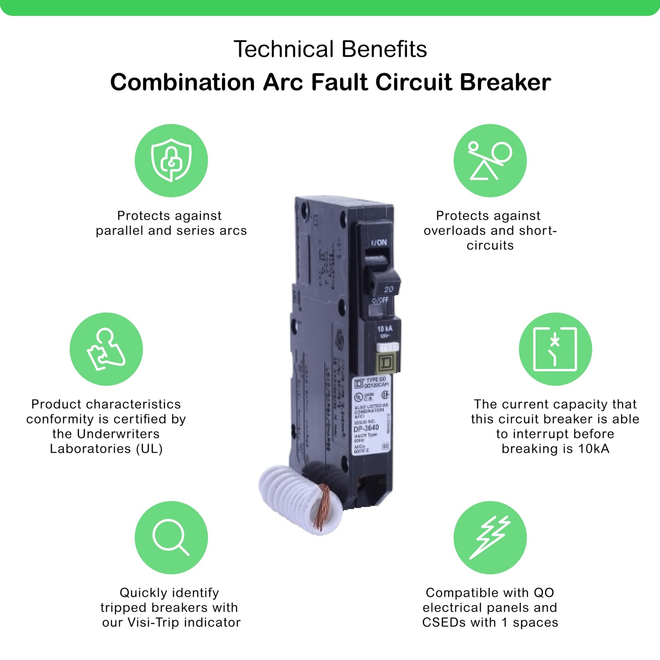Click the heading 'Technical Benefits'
(330, 49)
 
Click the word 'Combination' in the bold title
(182, 83)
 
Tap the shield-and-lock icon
(171, 161)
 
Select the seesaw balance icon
(490, 161)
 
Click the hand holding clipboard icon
(106, 349)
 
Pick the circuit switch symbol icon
(555, 349)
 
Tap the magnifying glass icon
(171, 538)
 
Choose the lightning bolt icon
(490, 538)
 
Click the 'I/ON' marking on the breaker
(379, 243)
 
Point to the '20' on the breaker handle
(388, 289)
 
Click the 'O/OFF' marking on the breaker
(380, 300)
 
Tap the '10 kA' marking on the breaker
(385, 328)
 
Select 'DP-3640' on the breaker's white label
(366, 428)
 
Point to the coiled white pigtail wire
(292, 496)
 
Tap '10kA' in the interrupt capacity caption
(593, 449)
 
